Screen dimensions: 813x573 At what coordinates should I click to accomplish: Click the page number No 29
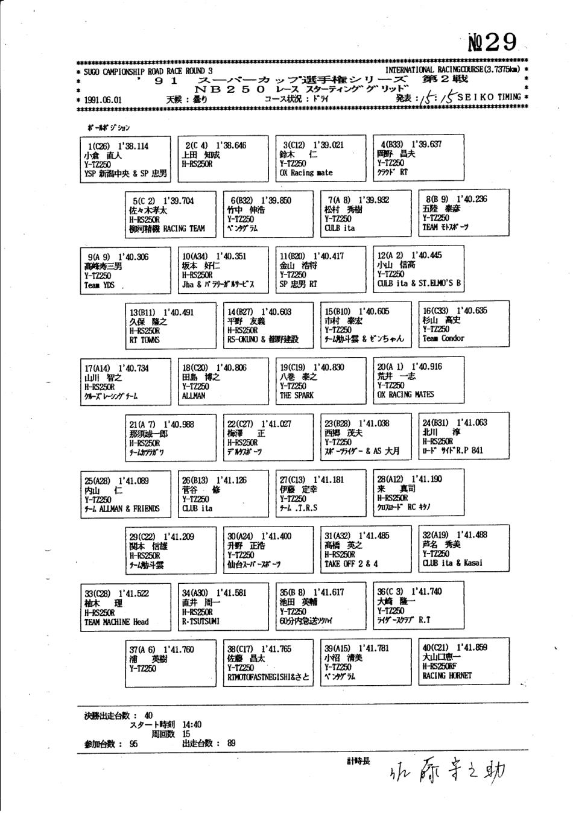click(493, 43)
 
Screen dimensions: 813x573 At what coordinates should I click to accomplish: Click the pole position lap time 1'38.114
click(133, 146)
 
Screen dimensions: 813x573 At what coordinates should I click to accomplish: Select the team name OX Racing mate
click(306, 172)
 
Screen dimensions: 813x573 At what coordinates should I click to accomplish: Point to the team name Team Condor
click(443, 338)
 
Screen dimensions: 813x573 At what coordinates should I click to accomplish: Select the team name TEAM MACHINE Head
click(116, 622)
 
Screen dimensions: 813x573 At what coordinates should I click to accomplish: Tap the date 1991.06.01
click(103, 100)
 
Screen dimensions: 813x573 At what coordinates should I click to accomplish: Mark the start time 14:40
click(192, 724)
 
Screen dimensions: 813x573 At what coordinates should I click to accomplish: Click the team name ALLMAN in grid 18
click(194, 396)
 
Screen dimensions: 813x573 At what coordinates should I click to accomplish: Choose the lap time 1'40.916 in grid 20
click(426, 367)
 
